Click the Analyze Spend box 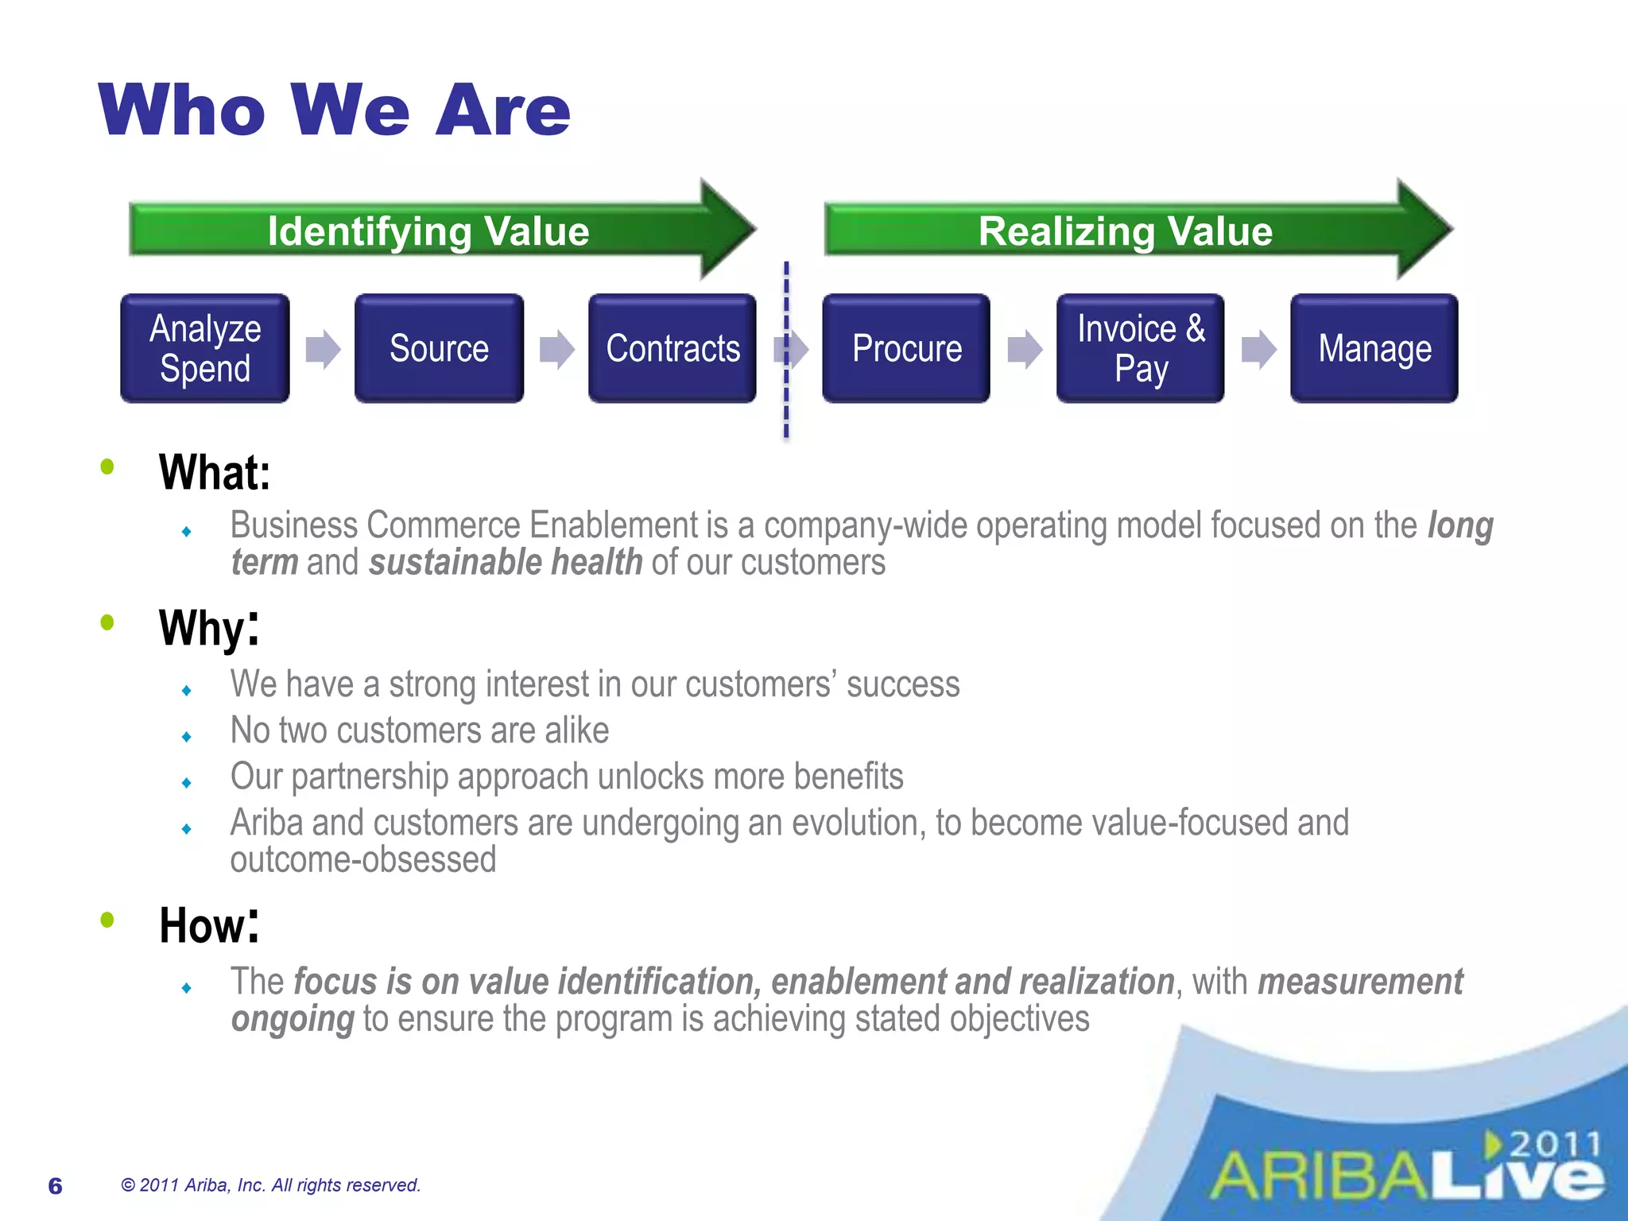pyautogui.click(x=205, y=348)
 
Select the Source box pyautogui.click(x=439, y=348)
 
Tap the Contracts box pyautogui.click(x=673, y=348)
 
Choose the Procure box pyautogui.click(x=906, y=348)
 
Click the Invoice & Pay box pyautogui.click(x=1140, y=348)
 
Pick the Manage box pyautogui.click(x=1374, y=348)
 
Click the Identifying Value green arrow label pyautogui.click(x=428, y=231)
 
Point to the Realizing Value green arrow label pyautogui.click(x=1125, y=231)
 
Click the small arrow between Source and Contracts pyautogui.click(x=556, y=349)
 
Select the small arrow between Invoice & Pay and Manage pyautogui.click(x=1258, y=349)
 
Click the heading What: pyautogui.click(x=215, y=472)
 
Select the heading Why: pyautogui.click(x=209, y=628)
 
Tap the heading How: pyautogui.click(x=209, y=925)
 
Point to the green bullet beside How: pyautogui.click(x=107, y=921)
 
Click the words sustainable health pyautogui.click(x=506, y=563)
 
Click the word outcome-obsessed pyautogui.click(x=363, y=860)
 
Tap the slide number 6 pyautogui.click(x=55, y=1186)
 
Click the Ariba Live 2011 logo pyautogui.click(x=1407, y=1169)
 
